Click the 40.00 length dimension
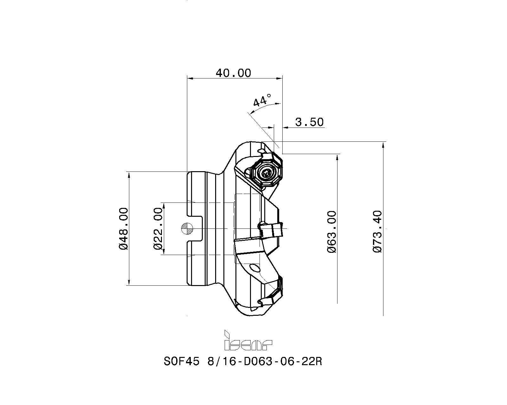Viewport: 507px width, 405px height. (x=234, y=73)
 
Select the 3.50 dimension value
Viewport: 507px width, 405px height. (x=309, y=122)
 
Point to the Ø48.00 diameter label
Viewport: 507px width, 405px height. (x=124, y=228)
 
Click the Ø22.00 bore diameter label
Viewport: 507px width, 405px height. (x=158, y=228)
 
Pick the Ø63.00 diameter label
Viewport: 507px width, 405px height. (x=332, y=232)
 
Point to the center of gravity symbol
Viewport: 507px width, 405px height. (x=187, y=228)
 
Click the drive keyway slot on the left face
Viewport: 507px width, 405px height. (x=195, y=228)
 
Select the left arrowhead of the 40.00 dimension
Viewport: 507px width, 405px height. (x=190, y=78)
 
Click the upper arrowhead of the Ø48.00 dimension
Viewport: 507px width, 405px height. (x=129, y=175)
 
